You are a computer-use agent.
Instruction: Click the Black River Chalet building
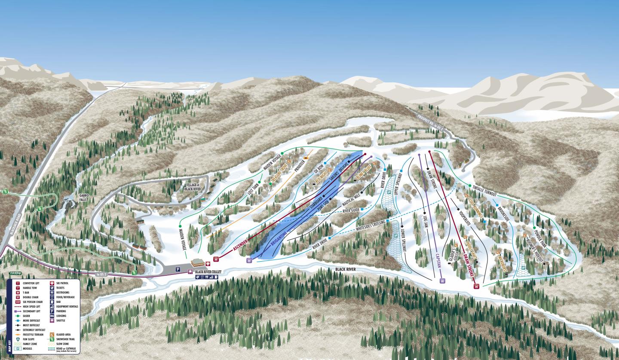(x=198, y=262)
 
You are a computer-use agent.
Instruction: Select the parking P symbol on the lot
(x=178, y=269)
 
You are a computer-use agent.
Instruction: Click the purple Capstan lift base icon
(x=442, y=281)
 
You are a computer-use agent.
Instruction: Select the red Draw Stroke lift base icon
(x=476, y=287)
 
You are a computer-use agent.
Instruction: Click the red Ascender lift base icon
(x=216, y=259)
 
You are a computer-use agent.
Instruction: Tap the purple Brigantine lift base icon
(x=249, y=260)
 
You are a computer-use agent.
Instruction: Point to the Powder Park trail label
(x=539, y=238)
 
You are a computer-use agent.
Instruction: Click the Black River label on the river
(x=347, y=269)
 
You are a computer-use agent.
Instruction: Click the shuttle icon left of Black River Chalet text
(x=190, y=272)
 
